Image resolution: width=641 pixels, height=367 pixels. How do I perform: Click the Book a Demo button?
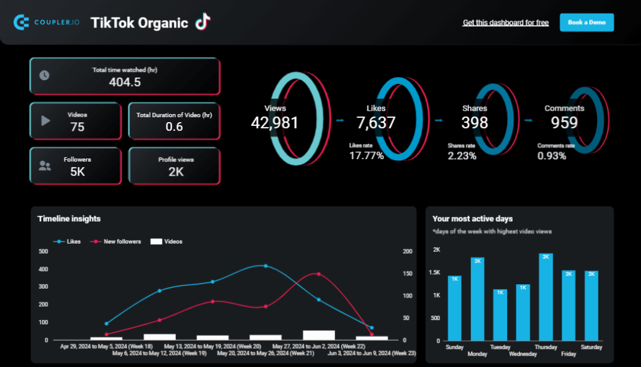click(587, 23)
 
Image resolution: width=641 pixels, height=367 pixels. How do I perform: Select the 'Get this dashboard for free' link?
click(506, 23)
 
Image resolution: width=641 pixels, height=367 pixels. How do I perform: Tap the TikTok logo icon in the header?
click(202, 22)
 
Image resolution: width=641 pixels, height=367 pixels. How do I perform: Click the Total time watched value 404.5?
click(125, 82)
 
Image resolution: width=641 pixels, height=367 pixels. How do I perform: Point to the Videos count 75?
click(78, 127)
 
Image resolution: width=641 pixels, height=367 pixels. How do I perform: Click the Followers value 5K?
click(78, 172)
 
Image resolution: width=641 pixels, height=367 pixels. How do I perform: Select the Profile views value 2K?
click(176, 172)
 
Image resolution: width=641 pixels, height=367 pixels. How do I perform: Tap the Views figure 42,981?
click(275, 123)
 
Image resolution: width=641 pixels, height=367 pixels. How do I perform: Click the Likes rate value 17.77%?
click(366, 156)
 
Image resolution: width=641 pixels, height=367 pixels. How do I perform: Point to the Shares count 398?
click(475, 123)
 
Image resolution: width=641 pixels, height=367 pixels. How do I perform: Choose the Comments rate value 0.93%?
click(551, 156)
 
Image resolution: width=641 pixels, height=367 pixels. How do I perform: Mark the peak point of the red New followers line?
click(319, 274)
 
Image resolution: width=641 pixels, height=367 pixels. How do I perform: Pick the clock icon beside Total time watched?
click(44, 75)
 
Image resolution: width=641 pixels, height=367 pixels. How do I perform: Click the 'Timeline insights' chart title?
click(69, 219)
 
